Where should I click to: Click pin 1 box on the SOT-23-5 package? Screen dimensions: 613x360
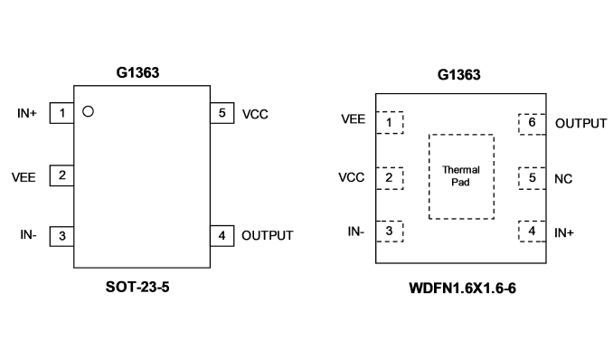pos(61,113)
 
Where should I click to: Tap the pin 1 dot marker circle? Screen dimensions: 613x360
pos(88,111)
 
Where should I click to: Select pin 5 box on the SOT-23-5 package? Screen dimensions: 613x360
pos(222,113)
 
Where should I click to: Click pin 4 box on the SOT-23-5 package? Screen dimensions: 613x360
pos(222,236)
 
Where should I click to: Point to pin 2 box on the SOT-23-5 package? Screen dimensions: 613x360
pos(61,175)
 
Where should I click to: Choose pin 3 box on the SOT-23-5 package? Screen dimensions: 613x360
pos(61,236)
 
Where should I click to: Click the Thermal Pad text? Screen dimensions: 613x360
pos(461,176)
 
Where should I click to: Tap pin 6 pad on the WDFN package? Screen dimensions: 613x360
pos(532,124)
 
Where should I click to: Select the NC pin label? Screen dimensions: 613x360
pos(563,179)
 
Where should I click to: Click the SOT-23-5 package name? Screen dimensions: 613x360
pos(137,288)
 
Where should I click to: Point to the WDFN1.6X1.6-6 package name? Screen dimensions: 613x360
pos(463,289)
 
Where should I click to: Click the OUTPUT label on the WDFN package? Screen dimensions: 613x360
pos(581,124)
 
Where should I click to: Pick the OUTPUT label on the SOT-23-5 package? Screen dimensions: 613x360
pos(268,235)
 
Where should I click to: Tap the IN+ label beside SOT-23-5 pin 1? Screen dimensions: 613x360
pos(27,113)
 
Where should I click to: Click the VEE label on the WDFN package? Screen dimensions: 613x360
pos(353,119)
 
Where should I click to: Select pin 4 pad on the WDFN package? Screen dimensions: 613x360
pos(532,232)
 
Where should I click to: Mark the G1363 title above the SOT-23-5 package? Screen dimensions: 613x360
pos(137,72)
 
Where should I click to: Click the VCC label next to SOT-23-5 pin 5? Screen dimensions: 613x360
pos(255,114)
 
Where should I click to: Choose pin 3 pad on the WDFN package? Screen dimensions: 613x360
pos(390,232)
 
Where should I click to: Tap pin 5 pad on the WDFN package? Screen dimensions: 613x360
pos(532,178)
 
